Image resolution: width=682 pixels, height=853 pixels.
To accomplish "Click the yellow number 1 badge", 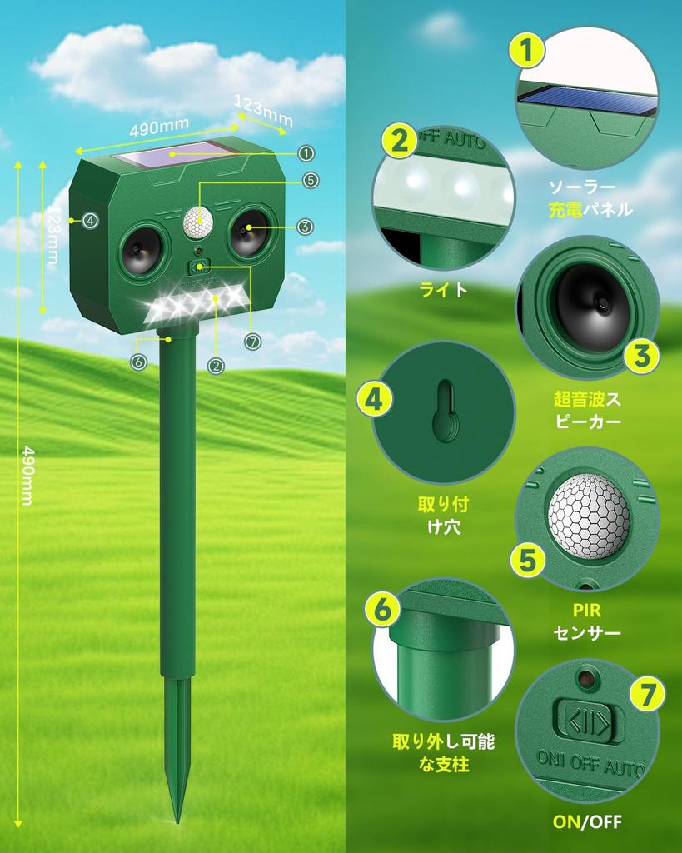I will pyautogui.click(x=527, y=52).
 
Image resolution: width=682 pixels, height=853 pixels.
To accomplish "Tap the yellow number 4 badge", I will pyautogui.click(x=375, y=399).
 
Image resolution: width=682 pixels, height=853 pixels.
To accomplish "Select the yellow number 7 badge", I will pyautogui.click(x=647, y=693).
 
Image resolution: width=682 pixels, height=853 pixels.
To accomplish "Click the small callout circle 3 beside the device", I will pyautogui.click(x=305, y=226).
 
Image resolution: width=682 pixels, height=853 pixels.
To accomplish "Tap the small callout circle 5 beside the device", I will pyautogui.click(x=310, y=179).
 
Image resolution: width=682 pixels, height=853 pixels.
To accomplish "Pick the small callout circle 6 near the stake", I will pyautogui.click(x=138, y=362).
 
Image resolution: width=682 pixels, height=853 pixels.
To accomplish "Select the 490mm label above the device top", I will pyautogui.click(x=159, y=130).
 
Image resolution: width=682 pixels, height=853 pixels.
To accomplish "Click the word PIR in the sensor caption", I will pyautogui.click(x=587, y=612).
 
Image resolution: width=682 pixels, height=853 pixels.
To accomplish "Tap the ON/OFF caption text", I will pyautogui.click(x=587, y=822).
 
